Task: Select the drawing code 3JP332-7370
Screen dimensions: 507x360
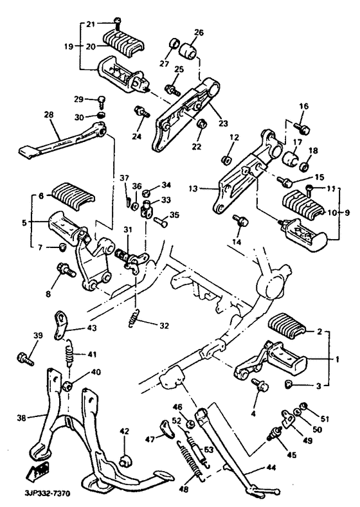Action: pyautogui.click(x=30, y=495)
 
